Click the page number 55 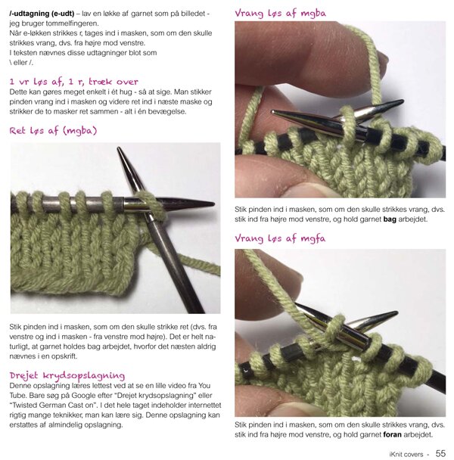click(440, 453)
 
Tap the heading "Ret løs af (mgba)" click(53, 131)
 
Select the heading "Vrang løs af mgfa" click(280, 238)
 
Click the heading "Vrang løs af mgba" click(280, 13)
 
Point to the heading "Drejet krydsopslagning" click(67, 375)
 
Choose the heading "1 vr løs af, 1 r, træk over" click(73, 82)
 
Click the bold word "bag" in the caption click(390, 219)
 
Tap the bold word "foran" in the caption click(393, 434)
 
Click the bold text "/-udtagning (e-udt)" click(42, 14)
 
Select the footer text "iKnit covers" click(406, 455)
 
